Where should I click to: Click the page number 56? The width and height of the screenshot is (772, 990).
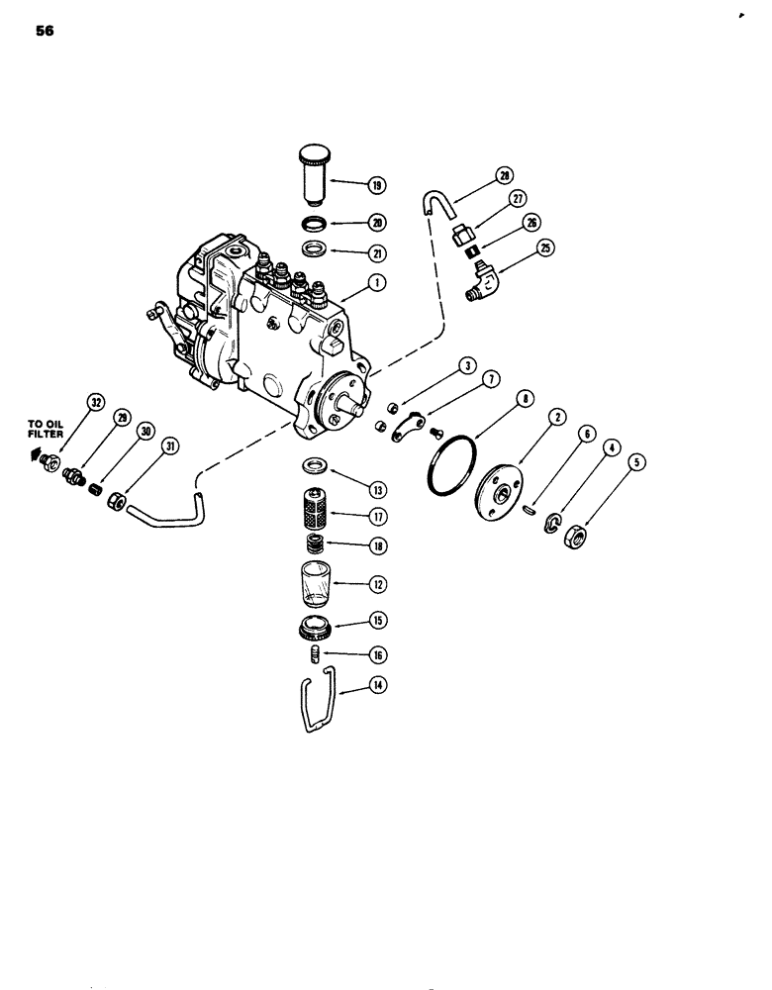(44, 31)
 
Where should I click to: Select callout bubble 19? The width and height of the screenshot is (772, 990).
(377, 184)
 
